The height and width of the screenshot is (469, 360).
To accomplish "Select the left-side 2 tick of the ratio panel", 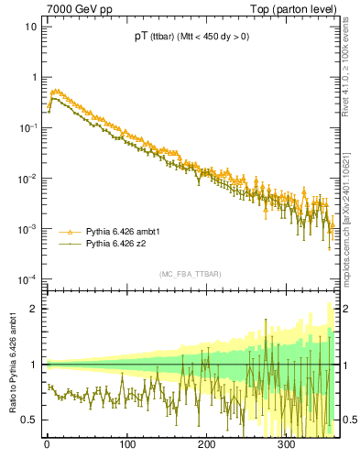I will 34,309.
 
